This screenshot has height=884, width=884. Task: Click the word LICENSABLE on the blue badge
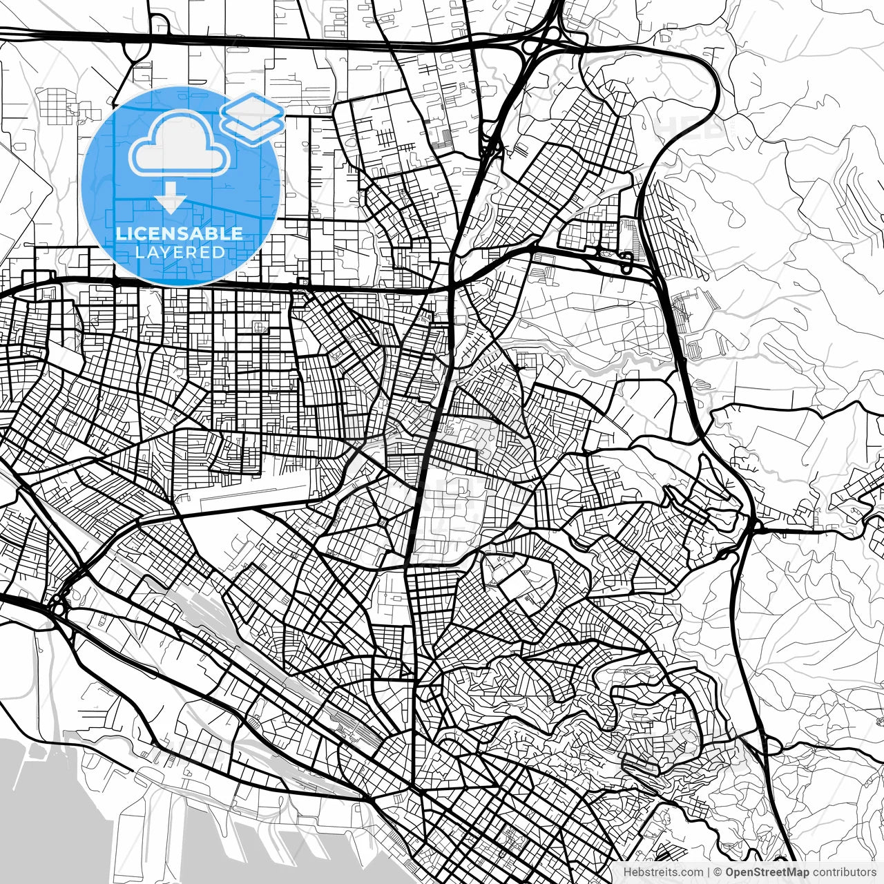coord(180,233)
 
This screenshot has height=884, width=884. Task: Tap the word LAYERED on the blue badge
coord(180,253)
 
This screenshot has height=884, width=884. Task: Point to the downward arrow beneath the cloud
coord(171,201)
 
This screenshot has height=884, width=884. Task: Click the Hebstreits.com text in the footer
coord(663,872)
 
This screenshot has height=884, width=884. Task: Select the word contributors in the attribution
coord(843,872)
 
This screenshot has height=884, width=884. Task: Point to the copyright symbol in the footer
coord(718,872)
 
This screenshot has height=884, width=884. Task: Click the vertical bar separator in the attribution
coord(709,872)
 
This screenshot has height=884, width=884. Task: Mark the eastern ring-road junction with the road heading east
coord(754,528)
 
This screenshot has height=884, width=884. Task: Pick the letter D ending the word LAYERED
coord(220,253)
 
